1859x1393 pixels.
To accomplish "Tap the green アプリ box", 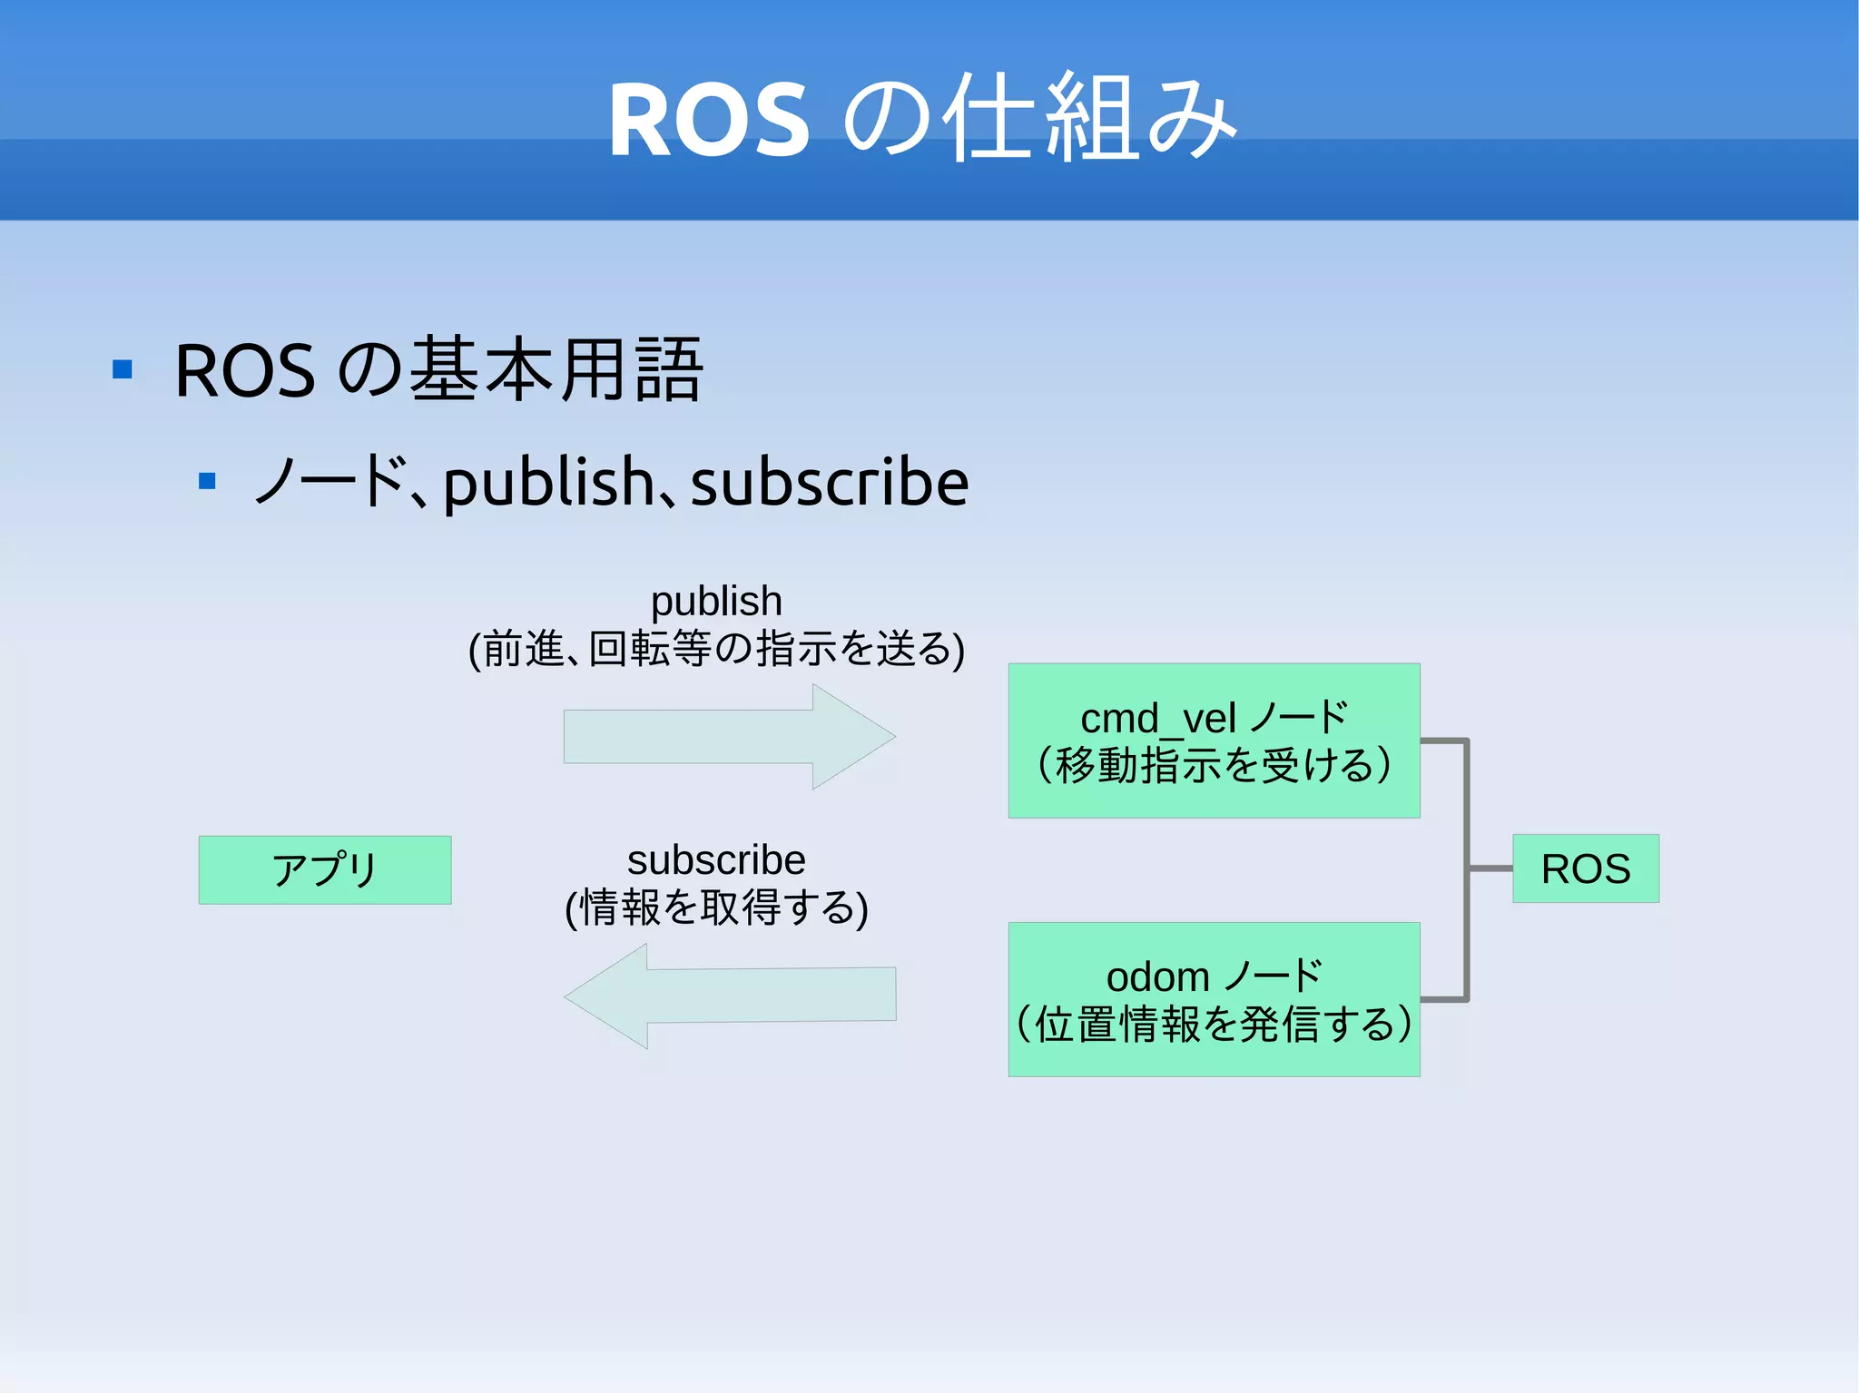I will [x=325, y=869].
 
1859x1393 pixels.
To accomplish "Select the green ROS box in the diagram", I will [x=1585, y=868].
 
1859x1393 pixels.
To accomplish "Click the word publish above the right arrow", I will [x=716, y=601].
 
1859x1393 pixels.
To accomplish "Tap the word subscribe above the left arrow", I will [x=716, y=859].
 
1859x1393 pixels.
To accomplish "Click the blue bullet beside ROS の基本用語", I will [x=123, y=369].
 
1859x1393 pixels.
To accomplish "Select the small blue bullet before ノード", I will [x=207, y=481].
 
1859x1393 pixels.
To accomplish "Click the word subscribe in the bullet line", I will [x=830, y=482].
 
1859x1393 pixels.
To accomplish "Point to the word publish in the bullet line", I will [x=548, y=482].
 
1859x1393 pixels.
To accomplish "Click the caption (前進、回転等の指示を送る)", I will [x=716, y=649].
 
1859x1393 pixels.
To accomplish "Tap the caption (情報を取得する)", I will [x=716, y=907].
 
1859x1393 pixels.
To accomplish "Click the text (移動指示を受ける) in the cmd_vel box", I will [x=1214, y=765].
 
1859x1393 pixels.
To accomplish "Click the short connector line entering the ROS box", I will [x=1490, y=868].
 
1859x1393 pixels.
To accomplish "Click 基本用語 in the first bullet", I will [x=556, y=369].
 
